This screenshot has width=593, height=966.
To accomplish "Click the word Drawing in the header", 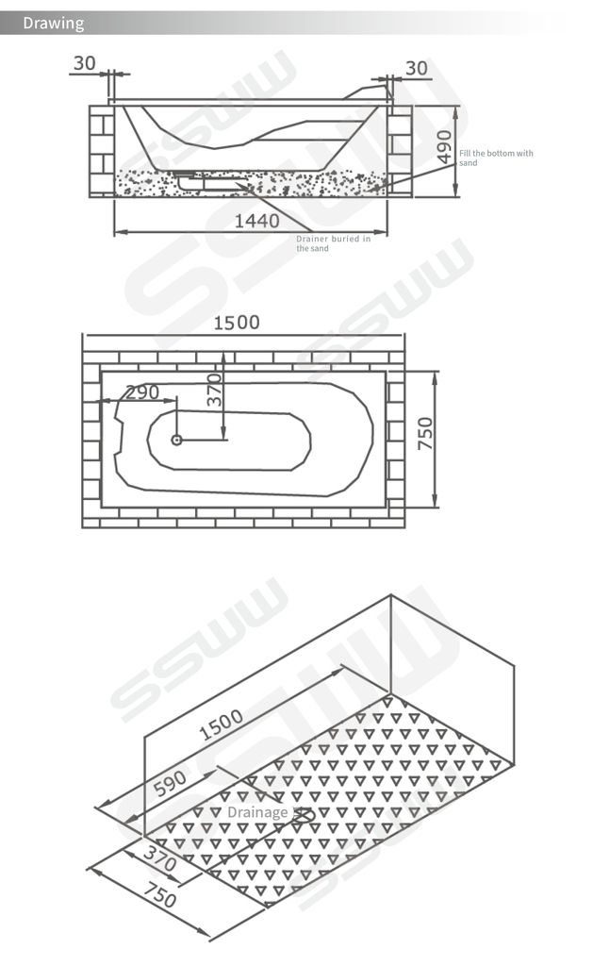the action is tap(53, 24).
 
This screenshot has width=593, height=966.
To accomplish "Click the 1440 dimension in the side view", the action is tap(256, 221).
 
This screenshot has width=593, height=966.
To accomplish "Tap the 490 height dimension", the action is tap(444, 147).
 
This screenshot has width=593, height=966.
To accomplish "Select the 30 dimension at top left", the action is tap(84, 63).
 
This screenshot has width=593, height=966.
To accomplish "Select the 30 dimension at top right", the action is tap(417, 68).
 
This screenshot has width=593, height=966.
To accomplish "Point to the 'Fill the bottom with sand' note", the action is tap(496, 158).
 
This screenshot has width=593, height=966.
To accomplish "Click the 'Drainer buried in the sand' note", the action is tap(333, 243).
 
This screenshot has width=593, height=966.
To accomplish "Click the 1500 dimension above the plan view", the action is tap(237, 323).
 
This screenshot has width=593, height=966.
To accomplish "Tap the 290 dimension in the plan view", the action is tap(142, 392).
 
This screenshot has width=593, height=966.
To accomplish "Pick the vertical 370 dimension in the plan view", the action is tap(214, 390).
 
